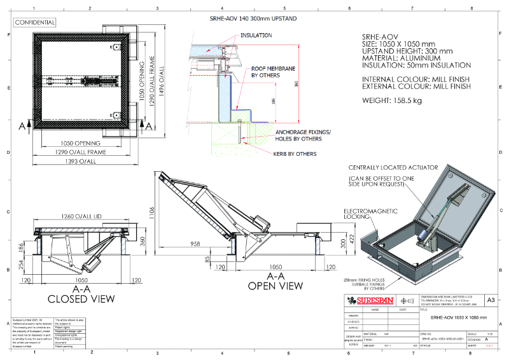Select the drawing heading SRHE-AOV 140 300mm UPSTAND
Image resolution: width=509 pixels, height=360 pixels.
click(253, 18)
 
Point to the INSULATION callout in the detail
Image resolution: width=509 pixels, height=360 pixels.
click(256, 36)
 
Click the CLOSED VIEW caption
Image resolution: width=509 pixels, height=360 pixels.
click(81, 298)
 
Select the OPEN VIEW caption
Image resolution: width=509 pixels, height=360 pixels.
click(275, 286)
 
